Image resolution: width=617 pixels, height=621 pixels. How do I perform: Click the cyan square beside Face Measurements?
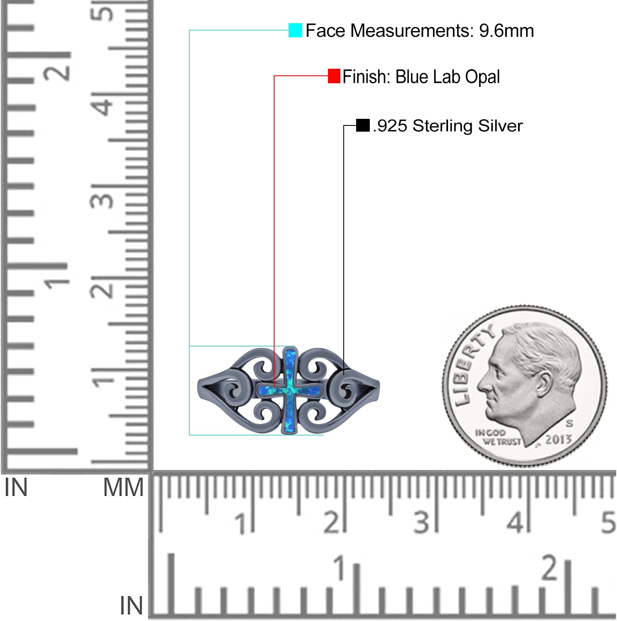pyautogui.click(x=295, y=30)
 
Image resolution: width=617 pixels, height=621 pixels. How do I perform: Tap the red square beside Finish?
pyautogui.click(x=334, y=76)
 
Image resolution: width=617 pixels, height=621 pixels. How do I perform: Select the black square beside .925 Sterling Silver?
pyautogui.click(x=363, y=125)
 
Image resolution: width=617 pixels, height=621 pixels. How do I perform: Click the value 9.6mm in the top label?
pyautogui.click(x=506, y=31)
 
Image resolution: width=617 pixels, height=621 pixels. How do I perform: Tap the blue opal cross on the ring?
pyautogui.click(x=290, y=390)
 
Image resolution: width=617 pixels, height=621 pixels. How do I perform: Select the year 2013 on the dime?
pyautogui.click(x=558, y=439)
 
